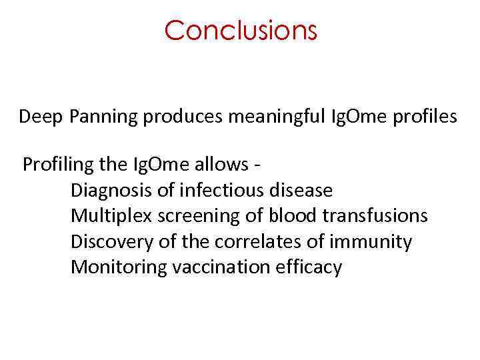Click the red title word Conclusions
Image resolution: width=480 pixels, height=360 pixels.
(x=240, y=30)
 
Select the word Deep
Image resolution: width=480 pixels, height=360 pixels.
(x=41, y=117)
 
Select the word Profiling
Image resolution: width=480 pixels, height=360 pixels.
(x=53, y=164)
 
